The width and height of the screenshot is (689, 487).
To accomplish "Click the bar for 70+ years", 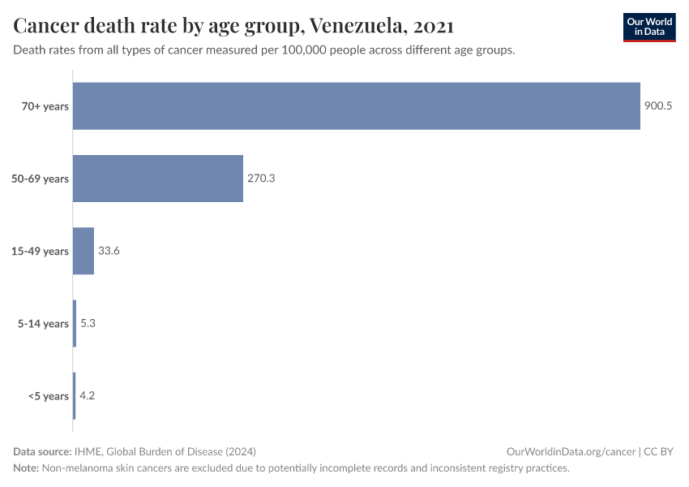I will [357, 106].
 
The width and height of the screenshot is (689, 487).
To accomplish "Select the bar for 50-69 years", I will [158, 179].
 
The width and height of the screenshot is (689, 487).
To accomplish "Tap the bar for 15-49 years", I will [83, 251].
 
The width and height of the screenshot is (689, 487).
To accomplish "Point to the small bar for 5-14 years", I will [75, 324].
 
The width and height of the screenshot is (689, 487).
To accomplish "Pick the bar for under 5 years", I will [75, 396].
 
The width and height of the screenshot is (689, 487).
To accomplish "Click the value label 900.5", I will [658, 106].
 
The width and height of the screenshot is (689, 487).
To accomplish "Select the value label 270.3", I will [261, 179].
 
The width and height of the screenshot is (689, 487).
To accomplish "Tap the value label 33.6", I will [109, 251].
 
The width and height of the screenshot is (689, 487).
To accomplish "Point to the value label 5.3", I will [88, 324].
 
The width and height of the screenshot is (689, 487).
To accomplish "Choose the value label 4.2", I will [88, 396].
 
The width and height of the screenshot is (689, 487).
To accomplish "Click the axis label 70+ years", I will [45, 106].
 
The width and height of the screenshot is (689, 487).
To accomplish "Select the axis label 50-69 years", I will [40, 179].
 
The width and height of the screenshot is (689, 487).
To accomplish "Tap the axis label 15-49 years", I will [40, 252].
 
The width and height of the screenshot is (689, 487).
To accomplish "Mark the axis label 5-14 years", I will [43, 324].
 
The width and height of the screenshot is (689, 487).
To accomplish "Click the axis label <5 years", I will [49, 397].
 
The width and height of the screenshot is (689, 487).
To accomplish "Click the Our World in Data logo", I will [648, 27].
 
